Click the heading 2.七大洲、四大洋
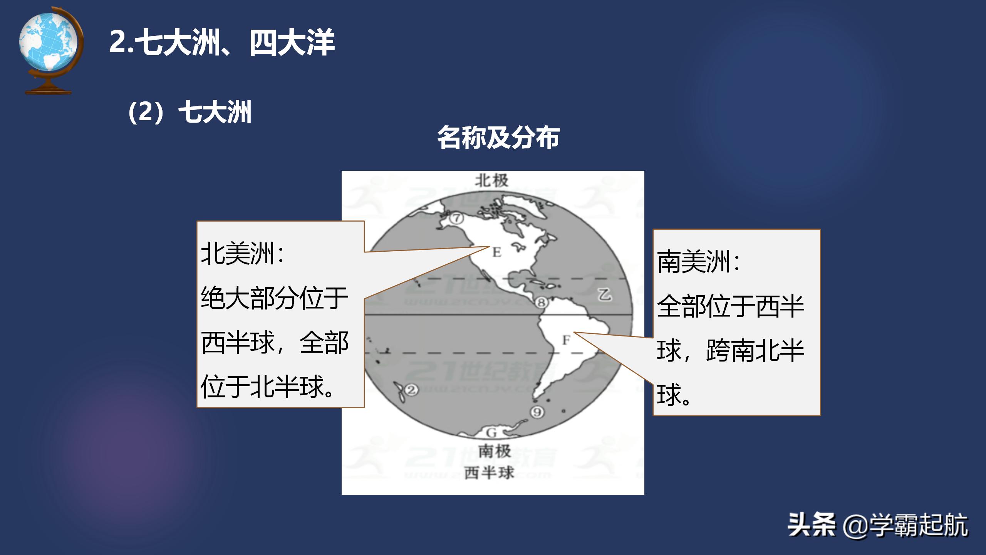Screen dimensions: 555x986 coord(222,42)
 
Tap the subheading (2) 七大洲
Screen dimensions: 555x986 coord(189,112)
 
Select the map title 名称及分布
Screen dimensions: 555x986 coord(498,138)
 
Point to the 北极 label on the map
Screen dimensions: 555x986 coord(491,180)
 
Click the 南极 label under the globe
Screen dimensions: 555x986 coord(495,451)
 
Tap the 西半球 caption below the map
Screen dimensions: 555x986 coord(489,473)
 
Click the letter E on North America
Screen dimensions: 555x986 coord(496,252)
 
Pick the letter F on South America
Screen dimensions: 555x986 coord(566,340)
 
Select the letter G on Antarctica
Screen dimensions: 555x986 coord(491,433)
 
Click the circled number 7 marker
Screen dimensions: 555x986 coord(457,219)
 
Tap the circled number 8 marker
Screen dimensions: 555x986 coord(541,303)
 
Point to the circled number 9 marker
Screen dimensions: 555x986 coord(538,412)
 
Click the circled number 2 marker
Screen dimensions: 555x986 coord(411,390)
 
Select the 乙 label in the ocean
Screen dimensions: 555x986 coord(604,294)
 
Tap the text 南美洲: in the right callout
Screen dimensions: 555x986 coord(698,262)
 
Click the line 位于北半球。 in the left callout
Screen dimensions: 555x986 coord(267,387)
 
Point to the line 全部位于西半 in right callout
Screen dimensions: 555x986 coord(731,306)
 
